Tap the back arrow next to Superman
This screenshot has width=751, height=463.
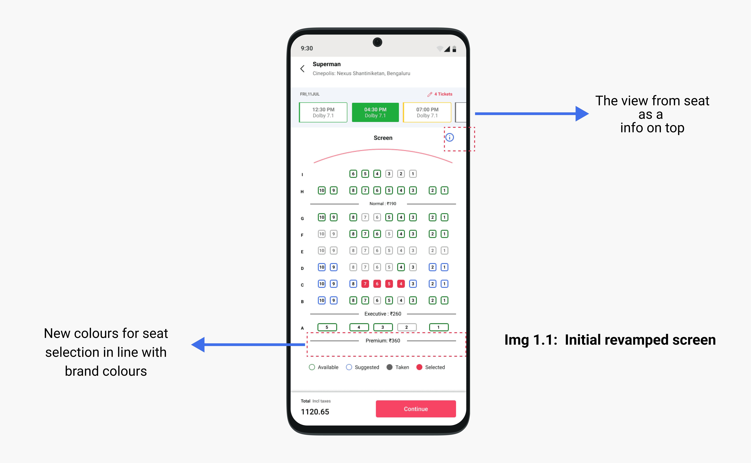[302, 69]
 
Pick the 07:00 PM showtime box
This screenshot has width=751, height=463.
[427, 112]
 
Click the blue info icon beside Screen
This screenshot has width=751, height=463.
[449, 137]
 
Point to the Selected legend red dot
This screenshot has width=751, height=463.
[419, 367]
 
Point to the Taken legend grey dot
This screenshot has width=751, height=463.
[389, 367]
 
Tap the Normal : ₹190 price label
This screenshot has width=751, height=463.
[383, 204]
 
